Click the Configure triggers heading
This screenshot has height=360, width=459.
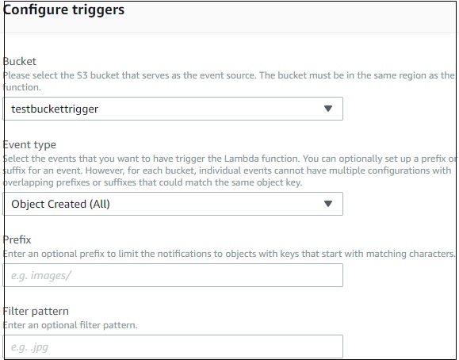coord(64,11)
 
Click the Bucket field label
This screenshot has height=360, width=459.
coord(19,61)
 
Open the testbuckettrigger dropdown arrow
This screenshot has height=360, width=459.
coord(328,109)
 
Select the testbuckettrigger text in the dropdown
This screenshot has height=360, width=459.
coord(55,109)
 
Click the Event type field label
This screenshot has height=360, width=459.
coord(29,145)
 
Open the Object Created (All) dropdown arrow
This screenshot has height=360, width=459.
coord(328,204)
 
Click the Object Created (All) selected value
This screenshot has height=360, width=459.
coord(61,204)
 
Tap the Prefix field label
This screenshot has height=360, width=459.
coord(17,239)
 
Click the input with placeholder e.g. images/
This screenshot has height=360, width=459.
coord(173,275)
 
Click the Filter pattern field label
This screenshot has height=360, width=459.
coord(35,312)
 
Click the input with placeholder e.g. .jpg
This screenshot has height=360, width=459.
coord(173,347)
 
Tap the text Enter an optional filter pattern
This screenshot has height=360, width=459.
coord(71,325)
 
